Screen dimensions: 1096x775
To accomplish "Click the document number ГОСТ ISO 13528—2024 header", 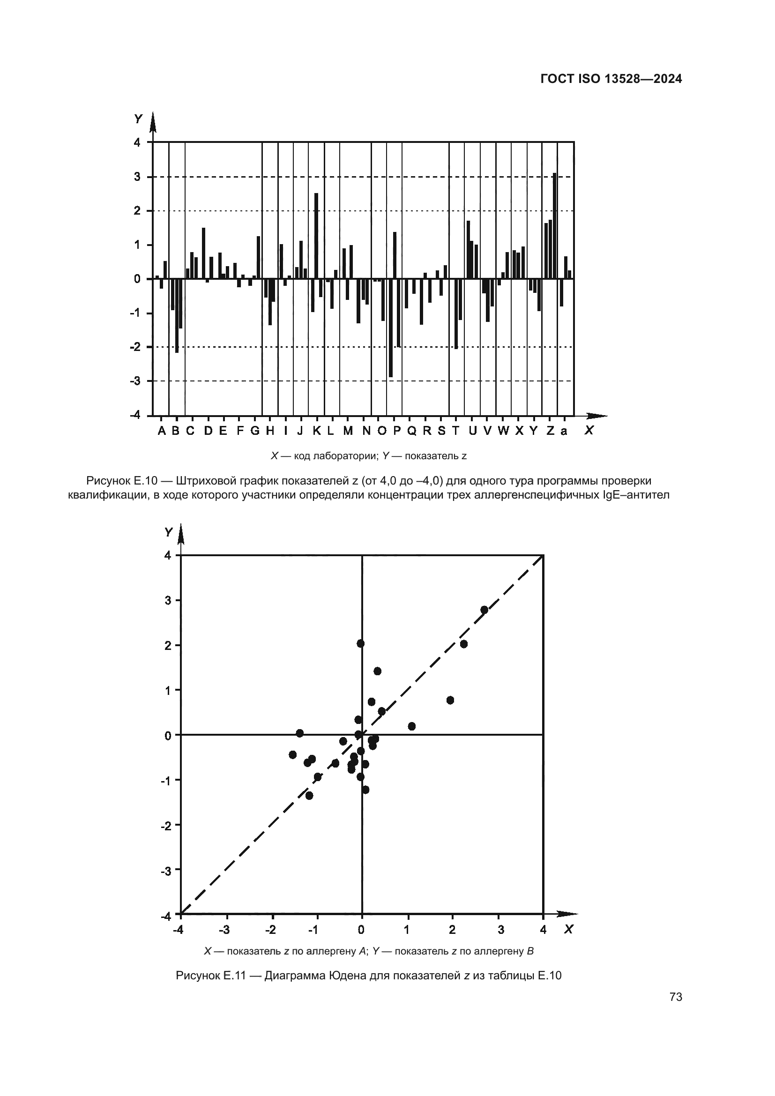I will click(611, 79).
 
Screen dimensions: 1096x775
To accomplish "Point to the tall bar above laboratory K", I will click(316, 236).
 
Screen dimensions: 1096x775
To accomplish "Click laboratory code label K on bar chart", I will click(316, 431).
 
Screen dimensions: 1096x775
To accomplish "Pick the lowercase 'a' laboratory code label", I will click(564, 432).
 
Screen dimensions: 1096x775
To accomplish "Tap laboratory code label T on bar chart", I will click(456, 431).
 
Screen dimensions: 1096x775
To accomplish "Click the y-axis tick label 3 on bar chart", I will click(137, 177).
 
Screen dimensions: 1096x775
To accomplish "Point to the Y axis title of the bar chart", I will click(138, 119).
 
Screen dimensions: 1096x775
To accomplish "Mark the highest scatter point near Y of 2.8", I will click(484, 610).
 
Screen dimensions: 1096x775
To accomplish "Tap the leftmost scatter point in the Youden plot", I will click(292, 755).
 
